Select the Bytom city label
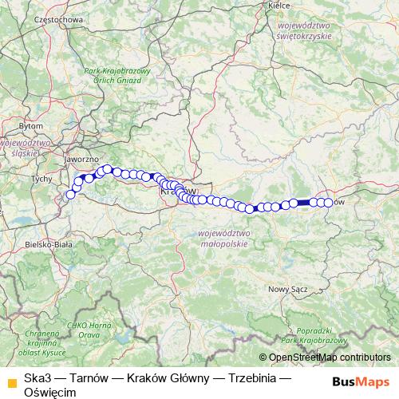pos(32,126)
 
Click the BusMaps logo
pos(361,380)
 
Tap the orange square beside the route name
pos(10,378)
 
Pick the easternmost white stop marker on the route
pos(327,203)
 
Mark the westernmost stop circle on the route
pos(70,195)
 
